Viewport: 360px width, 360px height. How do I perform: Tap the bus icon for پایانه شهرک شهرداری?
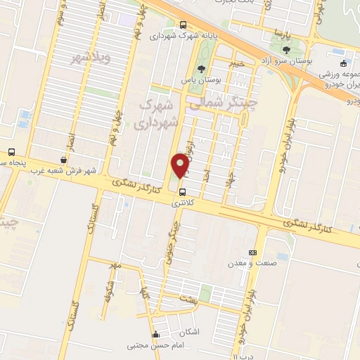coord(183,22)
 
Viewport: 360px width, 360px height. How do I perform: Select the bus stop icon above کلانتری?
coord(183,191)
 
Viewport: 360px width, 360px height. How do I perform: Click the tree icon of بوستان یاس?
coord(202,69)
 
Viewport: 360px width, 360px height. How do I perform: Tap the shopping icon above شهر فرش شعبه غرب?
coord(64,160)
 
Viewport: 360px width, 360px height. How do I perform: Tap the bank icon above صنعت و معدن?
coord(252,252)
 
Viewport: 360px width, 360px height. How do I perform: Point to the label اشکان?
coord(189,330)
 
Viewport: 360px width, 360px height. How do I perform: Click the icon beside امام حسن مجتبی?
coord(155,335)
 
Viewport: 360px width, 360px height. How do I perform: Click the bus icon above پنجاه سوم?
coord(11,152)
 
